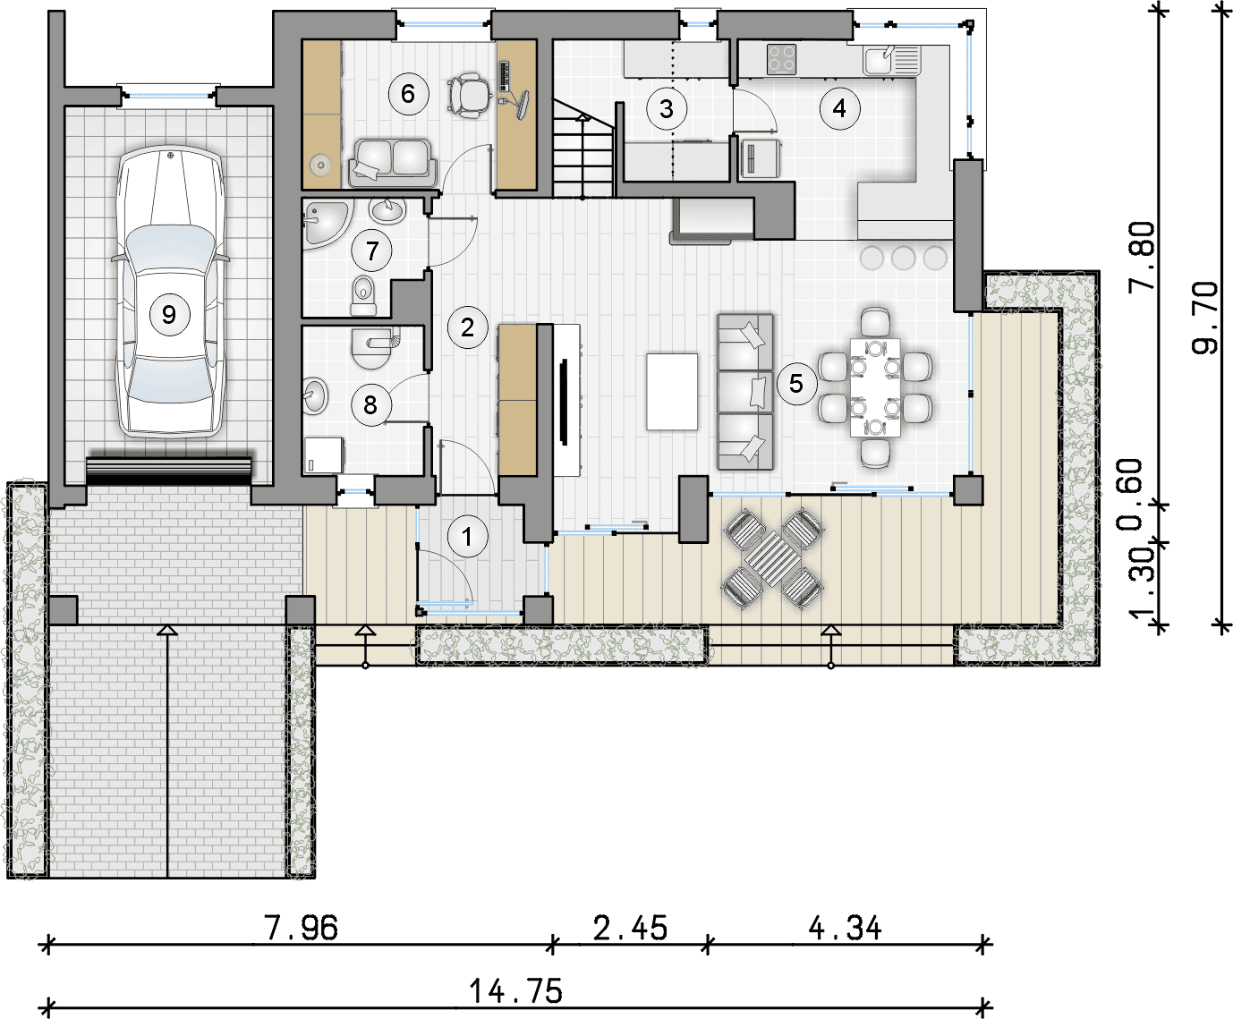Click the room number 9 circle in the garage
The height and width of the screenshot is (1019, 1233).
pyautogui.click(x=169, y=315)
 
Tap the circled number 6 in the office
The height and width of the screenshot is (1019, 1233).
pyautogui.click(x=408, y=94)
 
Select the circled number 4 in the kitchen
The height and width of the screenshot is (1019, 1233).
pyautogui.click(x=839, y=108)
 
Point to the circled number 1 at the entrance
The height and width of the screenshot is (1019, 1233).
pyautogui.click(x=468, y=538)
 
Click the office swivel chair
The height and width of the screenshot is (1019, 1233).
pyautogui.click(x=469, y=95)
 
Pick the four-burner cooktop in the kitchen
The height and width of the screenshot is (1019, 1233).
pyautogui.click(x=781, y=60)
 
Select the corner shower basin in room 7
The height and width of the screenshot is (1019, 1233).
pyautogui.click(x=327, y=223)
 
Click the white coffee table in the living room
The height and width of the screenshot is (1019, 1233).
pyautogui.click(x=672, y=392)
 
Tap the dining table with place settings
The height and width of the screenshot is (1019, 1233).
pyautogui.click(x=875, y=387)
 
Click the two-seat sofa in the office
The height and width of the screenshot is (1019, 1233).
pyautogui.click(x=392, y=162)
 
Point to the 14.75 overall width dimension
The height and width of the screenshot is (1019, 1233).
pyautogui.click(x=515, y=991)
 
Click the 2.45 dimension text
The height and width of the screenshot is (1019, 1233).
pyautogui.click(x=630, y=929)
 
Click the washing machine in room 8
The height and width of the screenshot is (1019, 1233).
pyautogui.click(x=324, y=454)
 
